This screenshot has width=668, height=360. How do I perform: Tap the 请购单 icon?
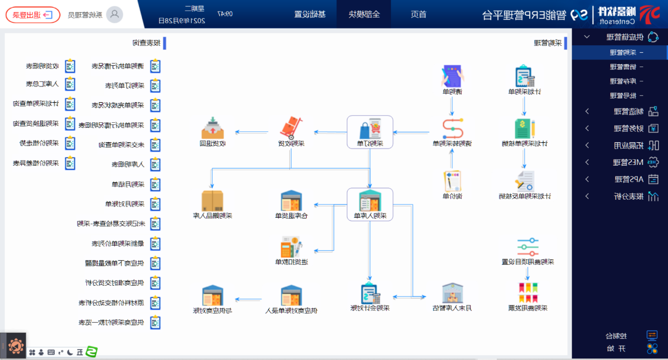coord(451,77)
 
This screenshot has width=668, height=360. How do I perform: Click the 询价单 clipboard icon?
coord(451,181)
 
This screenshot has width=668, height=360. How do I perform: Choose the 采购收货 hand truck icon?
coord(290,128)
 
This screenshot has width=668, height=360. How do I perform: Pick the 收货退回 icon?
coord(212,128)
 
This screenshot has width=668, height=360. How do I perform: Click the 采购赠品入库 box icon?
coord(212,200)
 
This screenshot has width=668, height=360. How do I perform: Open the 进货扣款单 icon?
coord(290,248)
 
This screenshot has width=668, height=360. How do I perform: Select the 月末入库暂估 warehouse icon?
coord(451,293)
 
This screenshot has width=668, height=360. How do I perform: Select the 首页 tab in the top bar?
coord(418,14)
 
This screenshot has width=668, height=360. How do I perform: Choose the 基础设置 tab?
coord(310,14)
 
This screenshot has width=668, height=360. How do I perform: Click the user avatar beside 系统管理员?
coord(114,14)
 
